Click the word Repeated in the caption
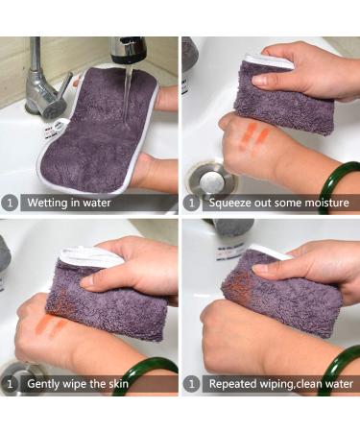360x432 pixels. [x=234, y=384]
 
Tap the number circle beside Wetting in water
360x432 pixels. [x=10, y=203]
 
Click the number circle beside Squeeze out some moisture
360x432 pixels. [x=192, y=203]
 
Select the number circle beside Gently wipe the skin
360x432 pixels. [x=10, y=384]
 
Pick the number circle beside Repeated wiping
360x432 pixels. [x=192, y=384]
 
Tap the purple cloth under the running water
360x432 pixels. [x=101, y=134]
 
